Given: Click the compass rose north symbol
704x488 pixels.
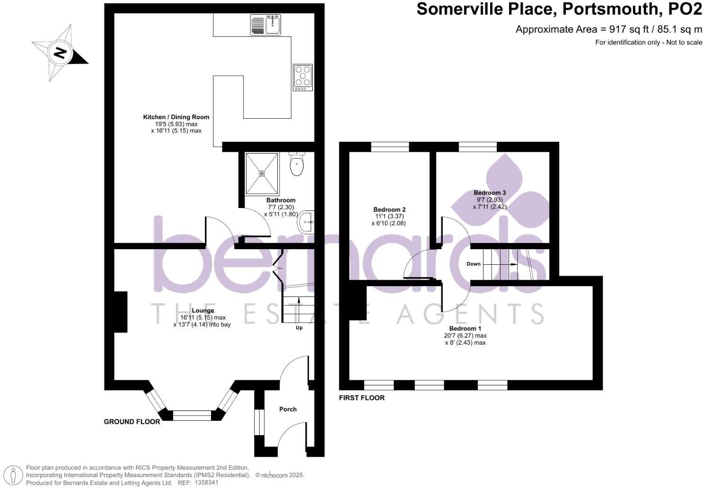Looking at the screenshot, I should tap(60, 52).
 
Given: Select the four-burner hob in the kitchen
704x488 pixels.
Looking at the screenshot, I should tap(303, 77).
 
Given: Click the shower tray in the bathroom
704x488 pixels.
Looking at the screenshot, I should tap(262, 173).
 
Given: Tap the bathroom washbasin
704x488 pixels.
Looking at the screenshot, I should tap(305, 221).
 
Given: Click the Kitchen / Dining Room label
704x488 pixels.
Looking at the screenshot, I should tap(176, 117).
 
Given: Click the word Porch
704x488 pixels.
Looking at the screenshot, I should tap(288, 409).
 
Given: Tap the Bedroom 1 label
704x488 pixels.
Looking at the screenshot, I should tap(465, 328).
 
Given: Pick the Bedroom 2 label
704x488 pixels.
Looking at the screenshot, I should tap(389, 209).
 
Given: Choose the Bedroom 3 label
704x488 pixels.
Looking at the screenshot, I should tap(490, 192).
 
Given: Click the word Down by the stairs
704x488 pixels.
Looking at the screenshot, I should tap(474, 264).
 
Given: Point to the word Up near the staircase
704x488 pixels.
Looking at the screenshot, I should tap(299, 328).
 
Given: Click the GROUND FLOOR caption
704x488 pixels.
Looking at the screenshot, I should tap(132, 421).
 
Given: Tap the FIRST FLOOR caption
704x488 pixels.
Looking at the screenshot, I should tap(362, 398).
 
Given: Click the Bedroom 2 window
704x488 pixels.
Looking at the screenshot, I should tap(390, 147).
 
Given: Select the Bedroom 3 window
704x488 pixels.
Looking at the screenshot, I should tap(477, 147).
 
